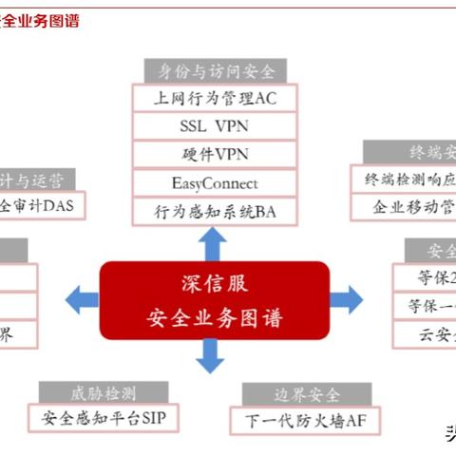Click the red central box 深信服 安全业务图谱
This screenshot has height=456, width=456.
(215, 300)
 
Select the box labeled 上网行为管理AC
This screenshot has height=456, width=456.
(215, 98)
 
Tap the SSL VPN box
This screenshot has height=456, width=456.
(215, 125)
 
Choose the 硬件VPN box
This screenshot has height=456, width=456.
(215, 154)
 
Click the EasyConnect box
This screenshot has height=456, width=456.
(215, 182)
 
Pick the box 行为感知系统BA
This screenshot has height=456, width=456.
(215, 211)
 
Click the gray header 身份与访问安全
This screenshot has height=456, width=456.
(215, 70)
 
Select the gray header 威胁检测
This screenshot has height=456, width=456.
(104, 391)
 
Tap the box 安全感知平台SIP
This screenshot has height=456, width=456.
(104, 417)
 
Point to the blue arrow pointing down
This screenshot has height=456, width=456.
(211, 357)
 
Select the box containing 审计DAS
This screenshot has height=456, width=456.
(42, 205)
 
